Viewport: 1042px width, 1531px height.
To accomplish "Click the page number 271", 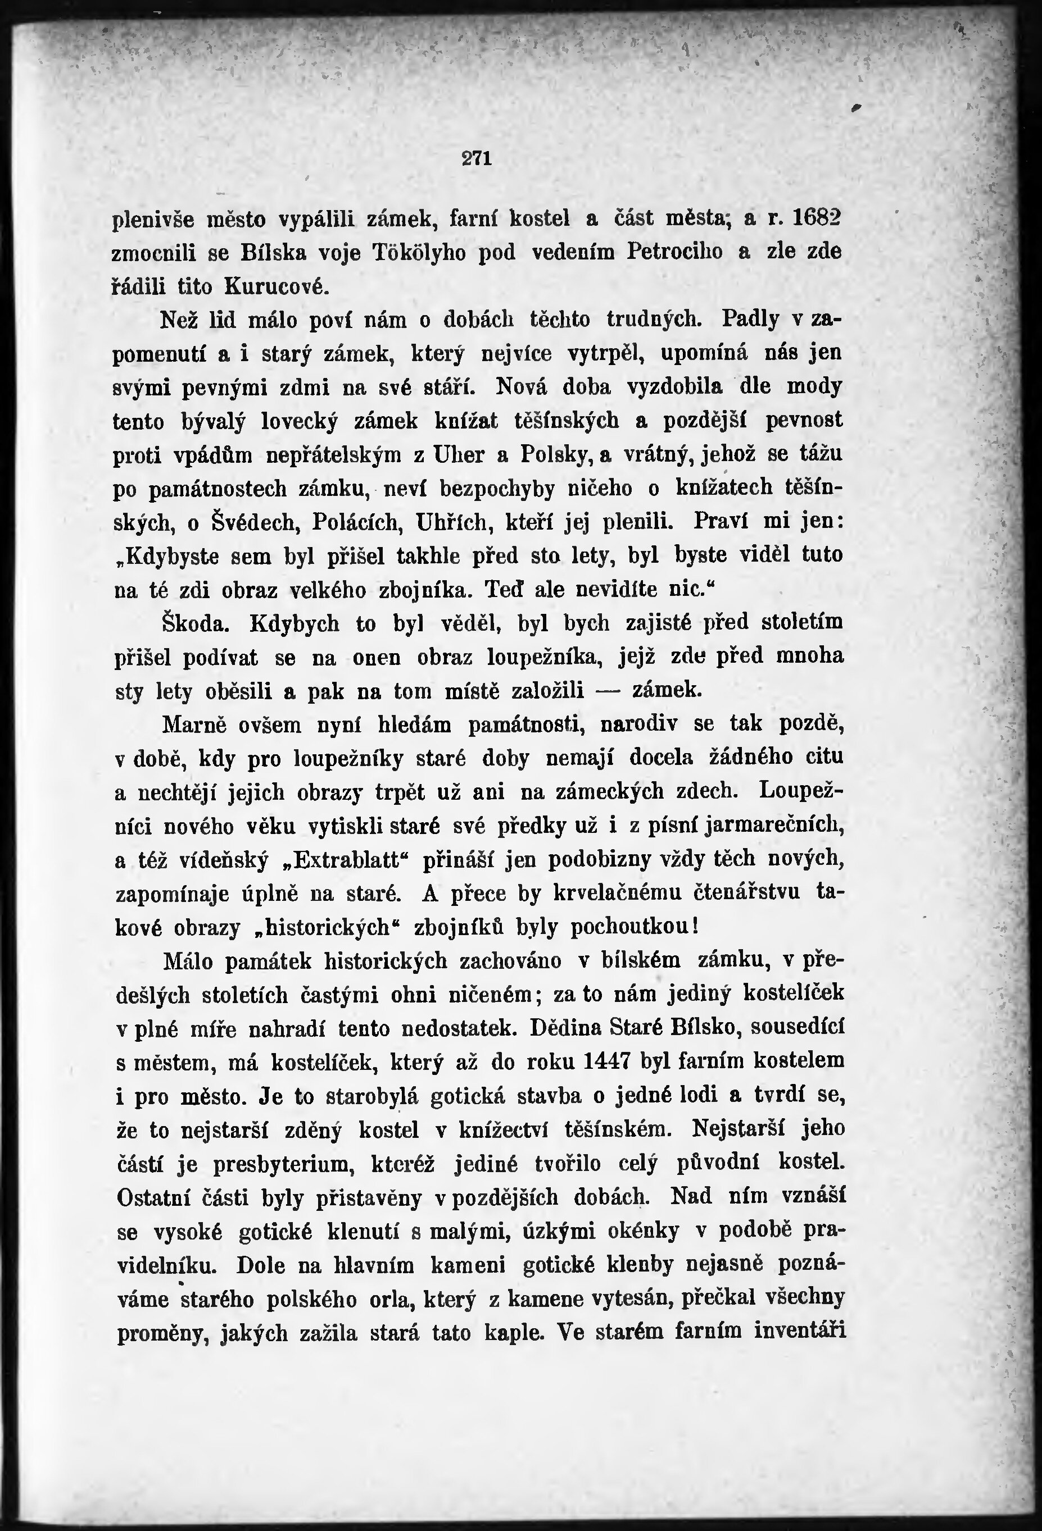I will point(477,158).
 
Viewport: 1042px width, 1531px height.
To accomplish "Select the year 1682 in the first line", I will point(816,218).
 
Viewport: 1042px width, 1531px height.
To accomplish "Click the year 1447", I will point(608,1061).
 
